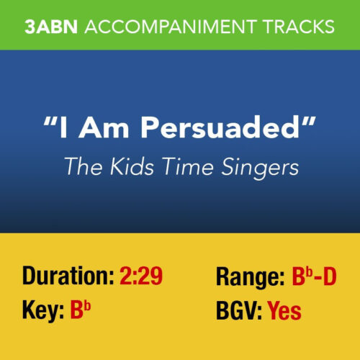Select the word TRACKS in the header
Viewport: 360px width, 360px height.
(x=300, y=27)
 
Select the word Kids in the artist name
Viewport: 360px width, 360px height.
(x=125, y=166)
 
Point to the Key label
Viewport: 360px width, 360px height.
(x=42, y=311)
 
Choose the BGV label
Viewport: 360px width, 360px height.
(x=239, y=311)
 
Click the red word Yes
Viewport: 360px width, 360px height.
(x=284, y=311)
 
